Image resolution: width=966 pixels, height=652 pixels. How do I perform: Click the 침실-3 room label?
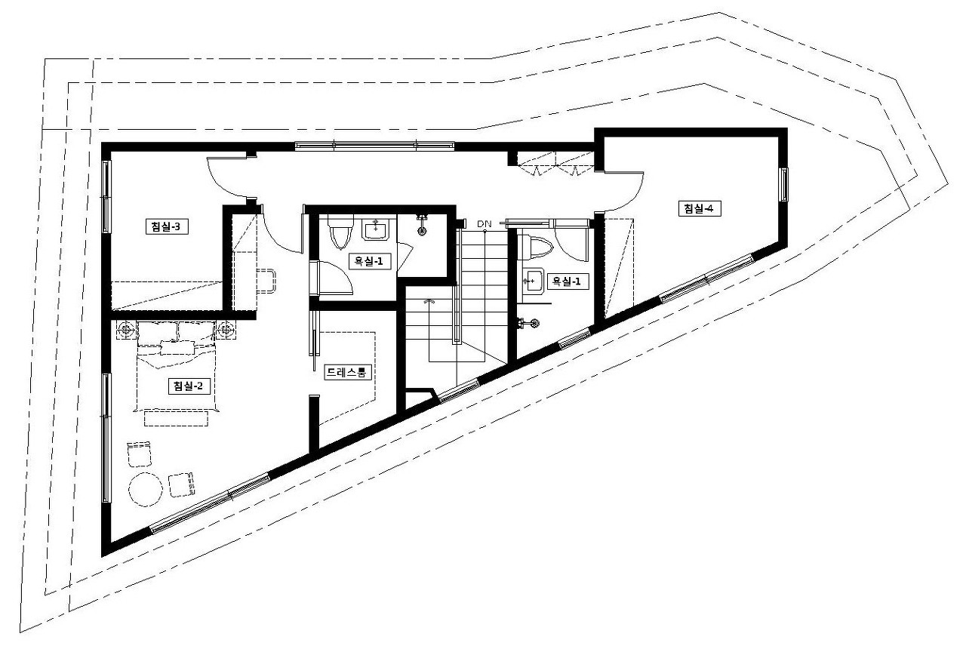point(167,227)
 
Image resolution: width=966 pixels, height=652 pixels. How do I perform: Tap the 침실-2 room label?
point(189,386)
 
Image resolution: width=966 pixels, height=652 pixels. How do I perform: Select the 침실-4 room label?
point(700,209)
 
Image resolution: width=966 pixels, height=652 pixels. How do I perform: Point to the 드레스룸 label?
point(347,373)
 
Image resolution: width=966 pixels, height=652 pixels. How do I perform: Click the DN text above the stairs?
point(485,224)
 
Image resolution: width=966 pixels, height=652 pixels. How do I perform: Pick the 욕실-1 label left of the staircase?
point(369,261)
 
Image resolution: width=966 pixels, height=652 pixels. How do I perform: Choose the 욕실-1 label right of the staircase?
point(568,281)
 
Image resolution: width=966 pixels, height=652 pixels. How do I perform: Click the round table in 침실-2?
point(146,490)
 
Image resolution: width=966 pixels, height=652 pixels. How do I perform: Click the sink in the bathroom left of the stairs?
point(375,229)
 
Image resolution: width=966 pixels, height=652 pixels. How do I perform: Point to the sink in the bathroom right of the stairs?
point(533,281)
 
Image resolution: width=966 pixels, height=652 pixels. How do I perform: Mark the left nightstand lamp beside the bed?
point(126,330)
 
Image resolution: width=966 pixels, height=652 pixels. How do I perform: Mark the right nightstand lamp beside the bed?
point(226,330)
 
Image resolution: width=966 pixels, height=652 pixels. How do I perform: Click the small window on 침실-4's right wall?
point(783,185)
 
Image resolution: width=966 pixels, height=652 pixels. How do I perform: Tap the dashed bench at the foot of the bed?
point(176,419)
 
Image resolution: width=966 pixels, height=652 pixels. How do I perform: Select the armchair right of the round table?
point(181,485)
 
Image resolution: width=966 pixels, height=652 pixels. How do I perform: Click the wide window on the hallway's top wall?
point(375,146)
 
